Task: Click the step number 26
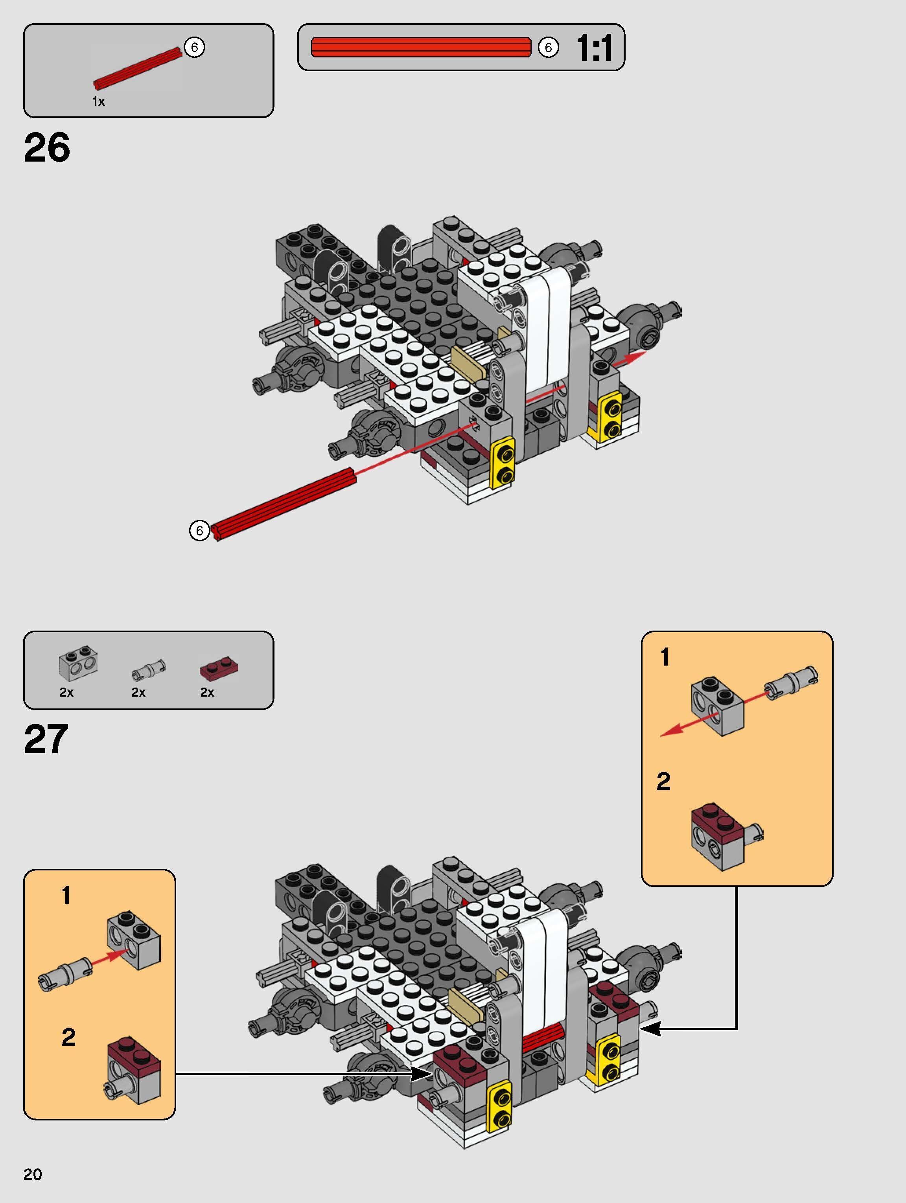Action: pos(47,147)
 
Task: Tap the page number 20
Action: pos(33,1174)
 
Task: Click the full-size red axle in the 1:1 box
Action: pos(420,47)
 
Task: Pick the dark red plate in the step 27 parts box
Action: pos(219,668)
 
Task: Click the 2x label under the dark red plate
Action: pos(207,692)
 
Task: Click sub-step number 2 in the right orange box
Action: pos(663,782)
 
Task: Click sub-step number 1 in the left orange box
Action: pos(66,896)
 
